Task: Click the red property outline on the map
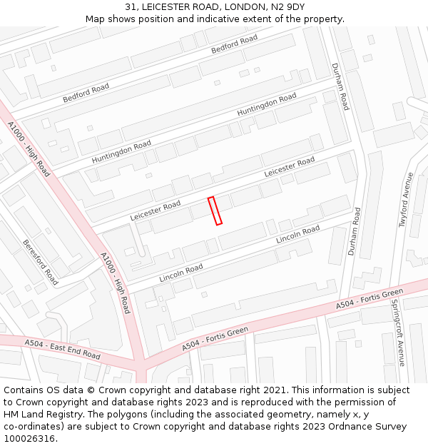(x=215, y=211)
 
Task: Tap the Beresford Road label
(x=40, y=262)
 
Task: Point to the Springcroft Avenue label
(x=397, y=333)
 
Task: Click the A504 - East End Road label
(x=63, y=349)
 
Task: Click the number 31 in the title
(x=131, y=7)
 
